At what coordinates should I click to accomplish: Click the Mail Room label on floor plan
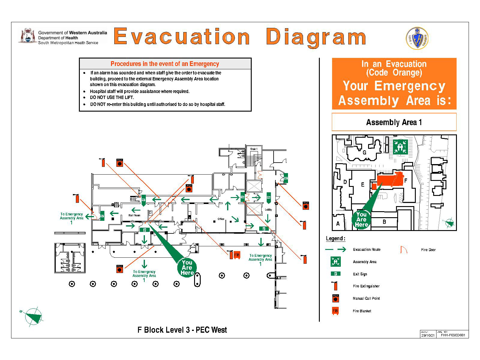[134, 215]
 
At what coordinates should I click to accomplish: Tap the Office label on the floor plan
[221, 219]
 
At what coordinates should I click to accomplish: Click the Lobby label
[268, 210]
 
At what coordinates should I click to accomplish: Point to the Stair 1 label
[254, 149]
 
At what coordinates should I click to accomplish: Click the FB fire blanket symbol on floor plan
[237, 255]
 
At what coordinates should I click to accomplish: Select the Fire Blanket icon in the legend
[335, 311]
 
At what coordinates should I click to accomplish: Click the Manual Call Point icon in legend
[335, 298]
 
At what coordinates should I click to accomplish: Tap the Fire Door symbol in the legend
[404, 250]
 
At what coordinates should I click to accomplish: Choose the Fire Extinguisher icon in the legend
[335, 286]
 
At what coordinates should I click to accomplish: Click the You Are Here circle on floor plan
[187, 268]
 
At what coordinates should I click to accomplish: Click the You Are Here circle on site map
[361, 219]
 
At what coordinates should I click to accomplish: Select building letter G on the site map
[364, 152]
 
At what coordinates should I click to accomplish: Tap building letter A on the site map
[338, 223]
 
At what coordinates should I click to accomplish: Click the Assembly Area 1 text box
[394, 122]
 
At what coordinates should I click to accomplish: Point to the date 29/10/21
[428, 335]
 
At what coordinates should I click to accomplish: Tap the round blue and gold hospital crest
[417, 38]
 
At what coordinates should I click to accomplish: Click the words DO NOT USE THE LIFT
[112, 97]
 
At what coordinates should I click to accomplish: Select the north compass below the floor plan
[34, 316]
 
